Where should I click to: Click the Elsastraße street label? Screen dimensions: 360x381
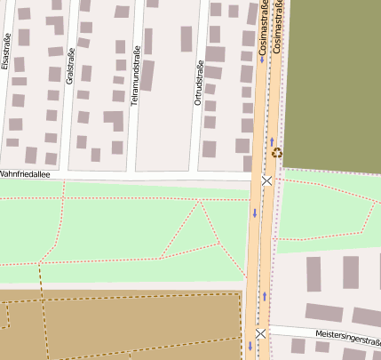(7, 52)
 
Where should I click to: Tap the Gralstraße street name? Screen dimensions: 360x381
(70, 61)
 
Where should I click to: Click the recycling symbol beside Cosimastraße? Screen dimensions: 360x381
(277, 152)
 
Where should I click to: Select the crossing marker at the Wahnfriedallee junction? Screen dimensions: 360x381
(266, 180)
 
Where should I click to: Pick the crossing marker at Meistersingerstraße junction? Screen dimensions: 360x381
(260, 334)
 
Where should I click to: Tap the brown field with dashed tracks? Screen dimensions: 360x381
(124, 324)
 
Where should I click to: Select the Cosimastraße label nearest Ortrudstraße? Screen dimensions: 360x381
(263, 30)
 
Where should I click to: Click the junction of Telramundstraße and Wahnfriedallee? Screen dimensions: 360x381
(135, 177)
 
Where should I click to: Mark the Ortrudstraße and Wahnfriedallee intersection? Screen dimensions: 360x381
(198, 177)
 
